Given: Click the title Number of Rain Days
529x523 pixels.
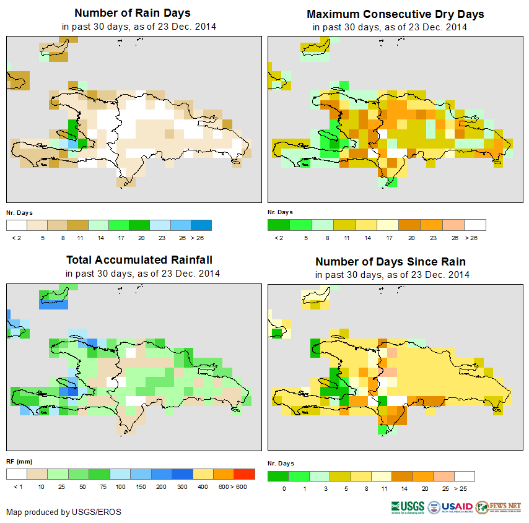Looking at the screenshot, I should click(x=133, y=13).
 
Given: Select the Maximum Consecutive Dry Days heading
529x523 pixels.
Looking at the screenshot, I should click(x=395, y=14).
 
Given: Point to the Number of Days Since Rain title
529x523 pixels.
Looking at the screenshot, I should click(x=390, y=261).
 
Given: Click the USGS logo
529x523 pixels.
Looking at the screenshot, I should click(x=408, y=507).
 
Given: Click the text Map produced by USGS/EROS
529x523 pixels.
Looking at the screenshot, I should click(x=64, y=512).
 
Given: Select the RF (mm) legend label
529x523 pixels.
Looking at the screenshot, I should click(x=19, y=461).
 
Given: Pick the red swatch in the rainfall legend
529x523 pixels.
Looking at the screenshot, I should click(x=245, y=474).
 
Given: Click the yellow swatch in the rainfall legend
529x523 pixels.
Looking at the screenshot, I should click(x=203, y=474).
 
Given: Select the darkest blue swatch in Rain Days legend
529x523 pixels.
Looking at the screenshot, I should click(x=201, y=225).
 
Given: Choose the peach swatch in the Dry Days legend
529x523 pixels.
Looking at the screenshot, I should click(x=455, y=225).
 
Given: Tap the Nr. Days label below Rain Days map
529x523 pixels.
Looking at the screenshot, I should click(x=19, y=212).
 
